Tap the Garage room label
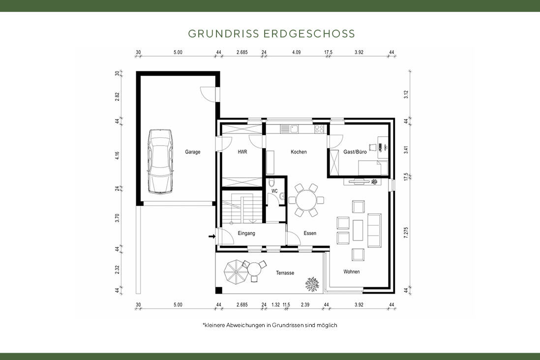192,152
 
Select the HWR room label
242,152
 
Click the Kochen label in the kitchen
299,152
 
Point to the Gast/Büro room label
355,152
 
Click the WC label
274,190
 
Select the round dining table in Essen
305,200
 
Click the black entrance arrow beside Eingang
211,237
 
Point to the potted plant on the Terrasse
311,284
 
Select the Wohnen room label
351,271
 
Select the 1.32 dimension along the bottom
275,305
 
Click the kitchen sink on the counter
294,129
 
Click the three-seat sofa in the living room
375,231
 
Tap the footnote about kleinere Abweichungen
270,325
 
